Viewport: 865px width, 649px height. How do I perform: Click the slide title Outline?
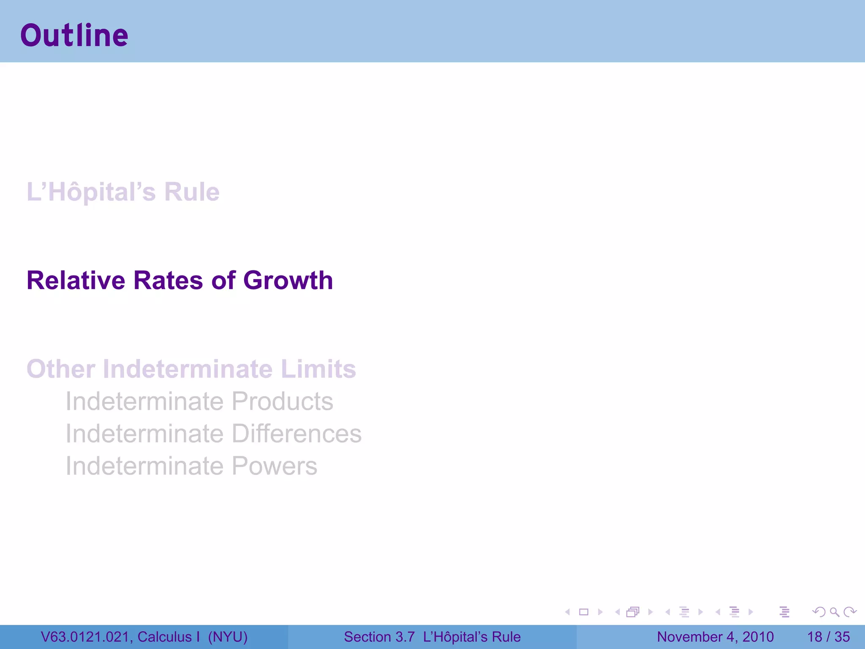(74, 35)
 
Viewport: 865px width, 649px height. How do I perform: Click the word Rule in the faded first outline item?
(192, 192)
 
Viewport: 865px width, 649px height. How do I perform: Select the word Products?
(283, 401)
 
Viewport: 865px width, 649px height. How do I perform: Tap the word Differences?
(297, 434)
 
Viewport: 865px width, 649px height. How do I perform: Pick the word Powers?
(275, 466)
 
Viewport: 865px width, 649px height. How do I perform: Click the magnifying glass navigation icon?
(834, 612)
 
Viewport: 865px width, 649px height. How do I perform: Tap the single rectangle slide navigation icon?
(584, 612)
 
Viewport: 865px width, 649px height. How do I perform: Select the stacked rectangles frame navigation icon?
(633, 612)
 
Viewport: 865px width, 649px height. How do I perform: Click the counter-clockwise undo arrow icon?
(819, 612)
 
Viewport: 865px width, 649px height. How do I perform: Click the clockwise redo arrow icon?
(850, 612)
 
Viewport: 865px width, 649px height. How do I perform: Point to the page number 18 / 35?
(828, 637)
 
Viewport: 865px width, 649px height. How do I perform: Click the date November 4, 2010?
(715, 637)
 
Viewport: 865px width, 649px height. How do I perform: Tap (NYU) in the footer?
(228, 637)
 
